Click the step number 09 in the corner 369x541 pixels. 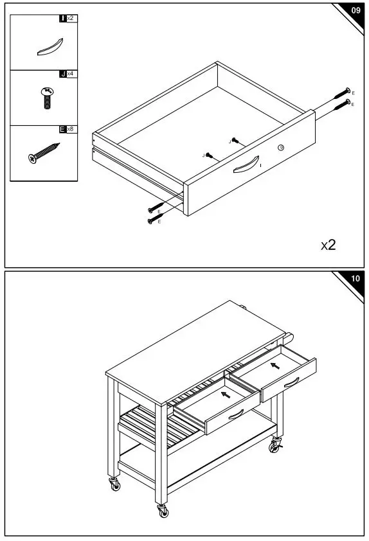pyautogui.click(x=355, y=11)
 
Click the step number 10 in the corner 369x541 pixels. pyautogui.click(x=355, y=279)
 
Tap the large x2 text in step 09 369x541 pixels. pyautogui.click(x=328, y=245)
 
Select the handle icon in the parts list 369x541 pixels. pyautogui.click(x=50, y=48)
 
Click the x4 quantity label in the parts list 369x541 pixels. pyautogui.click(x=70, y=75)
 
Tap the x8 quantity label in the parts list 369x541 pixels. pyautogui.click(x=70, y=129)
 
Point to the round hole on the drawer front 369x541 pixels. pyautogui.click(x=280, y=148)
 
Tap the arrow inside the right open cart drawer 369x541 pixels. pyautogui.click(x=275, y=366)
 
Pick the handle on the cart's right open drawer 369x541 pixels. pyautogui.click(x=291, y=383)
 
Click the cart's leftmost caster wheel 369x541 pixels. pyautogui.click(x=115, y=486)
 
